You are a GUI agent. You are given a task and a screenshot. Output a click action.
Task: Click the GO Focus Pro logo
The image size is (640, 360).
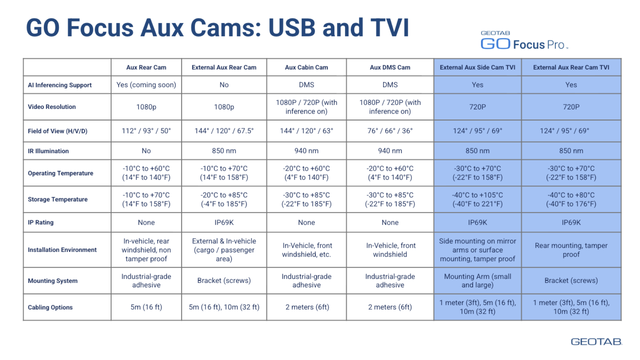[524, 40]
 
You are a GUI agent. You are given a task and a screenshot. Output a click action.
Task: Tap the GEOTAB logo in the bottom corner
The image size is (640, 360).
[596, 342]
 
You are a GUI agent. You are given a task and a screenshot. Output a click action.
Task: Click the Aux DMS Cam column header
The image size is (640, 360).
[390, 67]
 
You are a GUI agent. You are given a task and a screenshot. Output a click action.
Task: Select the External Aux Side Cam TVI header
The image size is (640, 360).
[477, 67]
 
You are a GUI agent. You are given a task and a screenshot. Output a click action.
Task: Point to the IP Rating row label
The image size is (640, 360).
[41, 222]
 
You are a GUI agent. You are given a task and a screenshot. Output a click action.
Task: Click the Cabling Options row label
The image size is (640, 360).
[50, 307]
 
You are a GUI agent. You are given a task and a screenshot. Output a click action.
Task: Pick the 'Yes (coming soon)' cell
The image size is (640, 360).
[146, 85]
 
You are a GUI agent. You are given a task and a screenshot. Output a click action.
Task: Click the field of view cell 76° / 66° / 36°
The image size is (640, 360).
[390, 131]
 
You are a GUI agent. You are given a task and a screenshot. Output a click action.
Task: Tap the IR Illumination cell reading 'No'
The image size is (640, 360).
[146, 151]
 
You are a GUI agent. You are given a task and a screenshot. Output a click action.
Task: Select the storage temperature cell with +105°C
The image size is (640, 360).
[477, 199]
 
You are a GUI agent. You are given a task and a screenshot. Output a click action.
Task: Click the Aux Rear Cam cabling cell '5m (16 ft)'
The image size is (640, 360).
[146, 307]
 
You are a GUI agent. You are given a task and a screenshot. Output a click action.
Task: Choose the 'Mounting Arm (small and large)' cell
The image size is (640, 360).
[477, 281]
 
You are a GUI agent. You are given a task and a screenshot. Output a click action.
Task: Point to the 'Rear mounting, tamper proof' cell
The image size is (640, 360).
[571, 250]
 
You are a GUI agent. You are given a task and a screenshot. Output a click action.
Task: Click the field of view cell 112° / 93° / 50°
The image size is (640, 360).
[146, 131]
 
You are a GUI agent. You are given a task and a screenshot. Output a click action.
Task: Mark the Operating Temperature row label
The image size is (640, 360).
[61, 173]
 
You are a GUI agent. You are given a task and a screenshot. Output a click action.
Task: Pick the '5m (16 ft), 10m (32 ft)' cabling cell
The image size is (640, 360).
[224, 307]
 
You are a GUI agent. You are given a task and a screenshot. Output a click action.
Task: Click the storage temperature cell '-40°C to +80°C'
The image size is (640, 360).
[571, 199]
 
